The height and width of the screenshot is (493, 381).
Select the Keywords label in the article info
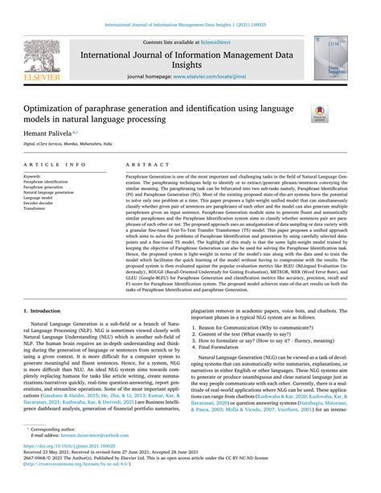coord(34,175)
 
